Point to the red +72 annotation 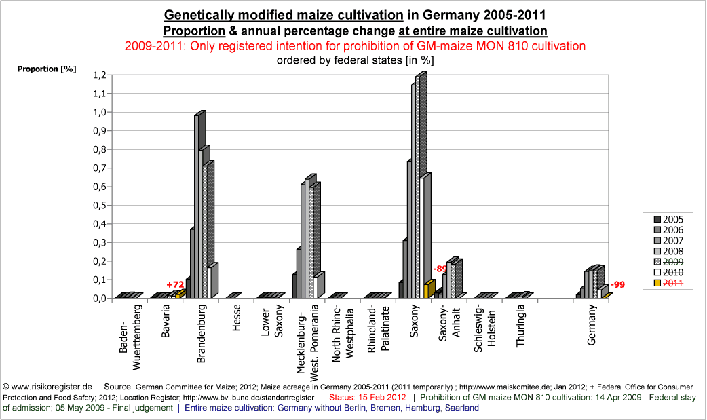(176, 284)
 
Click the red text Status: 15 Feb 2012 (367, 397)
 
